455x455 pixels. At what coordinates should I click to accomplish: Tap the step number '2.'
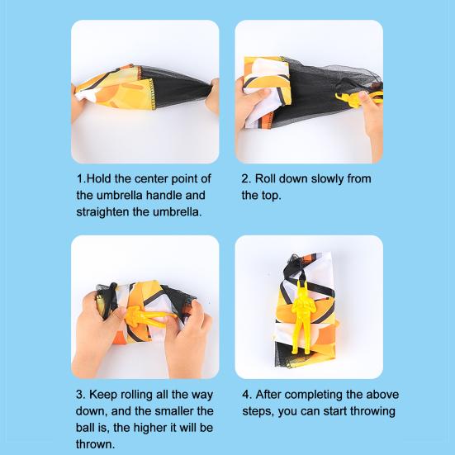click(x=246, y=178)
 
